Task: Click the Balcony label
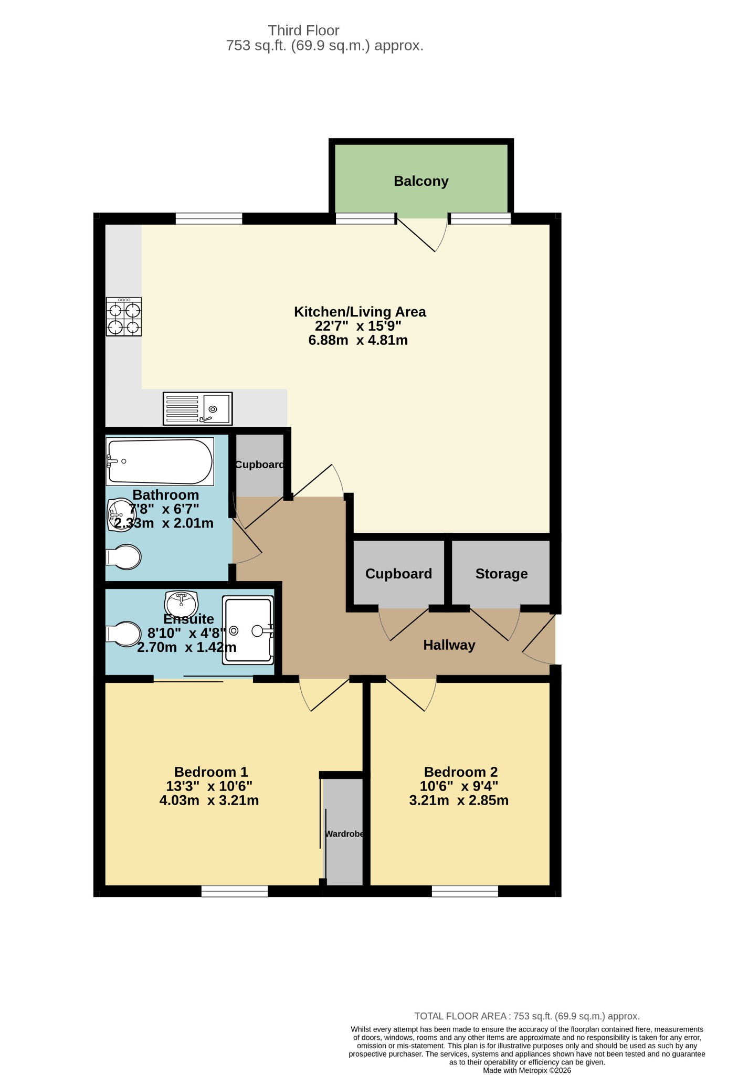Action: [421, 181]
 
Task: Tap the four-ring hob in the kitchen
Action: [124, 317]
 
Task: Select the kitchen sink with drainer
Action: [197, 408]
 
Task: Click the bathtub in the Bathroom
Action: [160, 461]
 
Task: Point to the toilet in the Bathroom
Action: [124, 557]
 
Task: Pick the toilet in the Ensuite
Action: [124, 634]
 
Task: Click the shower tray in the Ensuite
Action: [248, 630]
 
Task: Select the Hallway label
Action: [449, 645]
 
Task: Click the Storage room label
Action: [501, 574]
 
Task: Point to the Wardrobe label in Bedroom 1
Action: [344, 834]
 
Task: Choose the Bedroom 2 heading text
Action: [461, 772]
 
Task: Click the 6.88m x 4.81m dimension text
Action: [358, 340]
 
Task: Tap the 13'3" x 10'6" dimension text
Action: [209, 786]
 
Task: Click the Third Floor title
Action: [304, 30]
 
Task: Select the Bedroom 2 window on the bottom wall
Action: [465, 891]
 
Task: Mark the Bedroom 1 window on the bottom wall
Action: [235, 891]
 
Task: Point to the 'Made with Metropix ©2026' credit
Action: [527, 1070]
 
